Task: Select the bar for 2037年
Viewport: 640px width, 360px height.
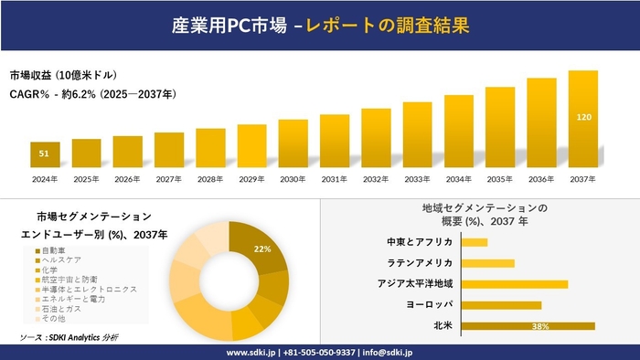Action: coord(582,119)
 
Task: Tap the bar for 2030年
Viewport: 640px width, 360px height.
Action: coord(293,143)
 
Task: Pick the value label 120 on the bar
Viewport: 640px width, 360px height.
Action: coord(582,117)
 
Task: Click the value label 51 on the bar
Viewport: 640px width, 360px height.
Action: coord(45,154)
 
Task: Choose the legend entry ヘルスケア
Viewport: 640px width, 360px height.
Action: coord(65,260)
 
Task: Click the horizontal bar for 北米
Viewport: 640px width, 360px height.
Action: coord(528,325)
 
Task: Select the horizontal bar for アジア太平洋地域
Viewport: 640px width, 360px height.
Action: coord(515,284)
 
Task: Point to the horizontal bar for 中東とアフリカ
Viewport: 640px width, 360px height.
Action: coord(475,242)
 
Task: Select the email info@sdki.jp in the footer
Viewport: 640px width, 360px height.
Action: coord(389,352)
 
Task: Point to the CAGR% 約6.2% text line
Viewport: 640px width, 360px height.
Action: coord(92,93)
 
